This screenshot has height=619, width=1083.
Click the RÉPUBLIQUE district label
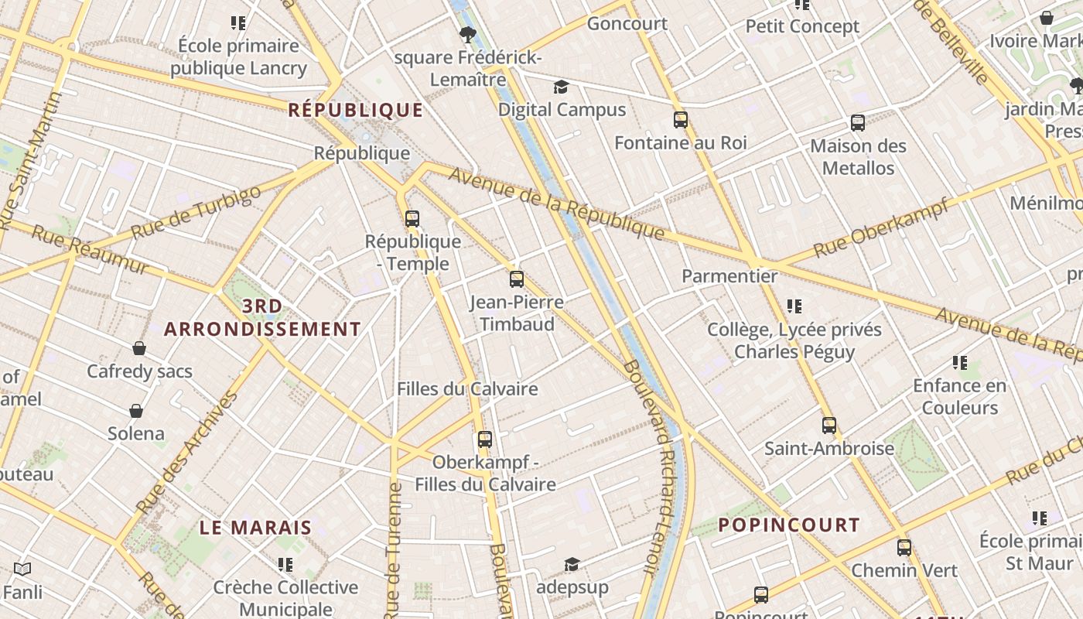pos(356,110)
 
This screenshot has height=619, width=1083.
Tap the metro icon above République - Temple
pos(412,218)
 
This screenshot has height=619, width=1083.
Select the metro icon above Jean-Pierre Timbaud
pos(517,279)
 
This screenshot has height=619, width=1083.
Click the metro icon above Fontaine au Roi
pos(681,120)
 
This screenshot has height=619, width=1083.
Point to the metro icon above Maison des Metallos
pos(858,122)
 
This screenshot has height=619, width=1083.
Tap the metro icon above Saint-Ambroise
pos(829,425)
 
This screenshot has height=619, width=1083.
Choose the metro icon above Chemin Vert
pos(904,547)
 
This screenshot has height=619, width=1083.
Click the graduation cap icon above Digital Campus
pos(561,87)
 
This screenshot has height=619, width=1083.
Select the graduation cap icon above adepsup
pos(572,564)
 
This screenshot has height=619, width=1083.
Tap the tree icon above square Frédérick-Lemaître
pos(467,34)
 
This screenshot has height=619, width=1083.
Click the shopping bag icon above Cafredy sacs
pos(139,348)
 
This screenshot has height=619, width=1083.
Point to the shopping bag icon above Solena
pos(136,410)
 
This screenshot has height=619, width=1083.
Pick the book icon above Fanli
pos(22,569)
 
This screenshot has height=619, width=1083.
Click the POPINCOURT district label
pos(789,525)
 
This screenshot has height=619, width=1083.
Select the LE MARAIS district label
pos(255,528)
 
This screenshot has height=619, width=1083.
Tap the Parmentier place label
pos(729,276)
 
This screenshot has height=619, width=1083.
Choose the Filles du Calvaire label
pos(467,388)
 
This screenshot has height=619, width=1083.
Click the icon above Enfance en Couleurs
pos(960,362)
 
